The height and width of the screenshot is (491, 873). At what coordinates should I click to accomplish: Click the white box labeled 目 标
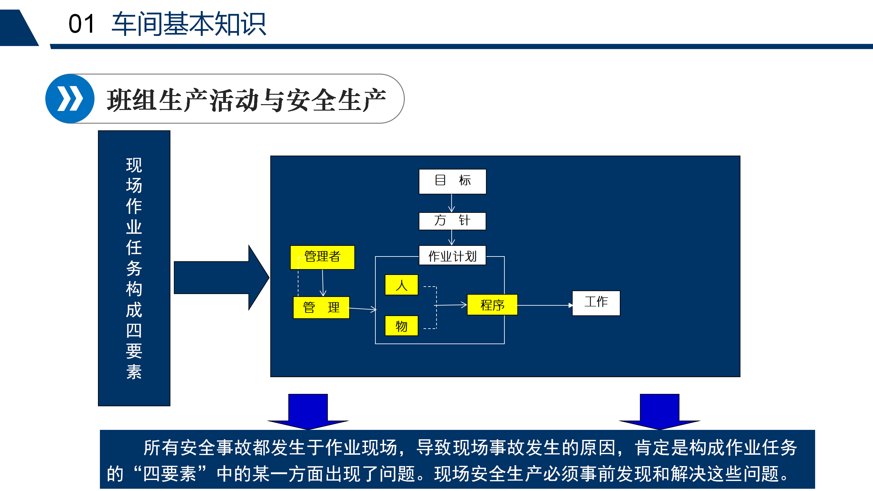click(452, 181)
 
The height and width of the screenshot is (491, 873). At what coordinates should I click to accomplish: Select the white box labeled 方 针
click(452, 221)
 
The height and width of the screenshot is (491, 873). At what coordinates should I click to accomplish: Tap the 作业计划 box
click(452, 255)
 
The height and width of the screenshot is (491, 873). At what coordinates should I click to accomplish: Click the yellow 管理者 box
click(322, 257)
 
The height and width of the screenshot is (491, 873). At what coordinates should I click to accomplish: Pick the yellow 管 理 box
click(321, 308)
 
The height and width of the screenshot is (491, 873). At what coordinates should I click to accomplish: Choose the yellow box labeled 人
click(402, 285)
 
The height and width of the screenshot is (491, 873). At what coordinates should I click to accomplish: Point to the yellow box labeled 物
click(402, 326)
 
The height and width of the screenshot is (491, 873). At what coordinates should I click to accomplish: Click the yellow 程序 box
click(492, 305)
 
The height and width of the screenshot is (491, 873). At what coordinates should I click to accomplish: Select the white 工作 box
click(596, 303)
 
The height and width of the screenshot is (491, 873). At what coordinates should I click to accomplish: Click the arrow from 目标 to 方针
click(452, 203)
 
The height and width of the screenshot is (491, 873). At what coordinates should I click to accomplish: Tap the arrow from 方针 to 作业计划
click(452, 238)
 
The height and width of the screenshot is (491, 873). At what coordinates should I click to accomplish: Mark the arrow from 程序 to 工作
click(545, 305)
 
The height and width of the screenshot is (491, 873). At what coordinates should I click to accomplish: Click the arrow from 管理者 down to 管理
click(323, 283)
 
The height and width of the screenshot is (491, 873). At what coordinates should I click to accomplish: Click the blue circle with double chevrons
click(70, 99)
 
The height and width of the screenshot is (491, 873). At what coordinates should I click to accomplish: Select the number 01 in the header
click(81, 24)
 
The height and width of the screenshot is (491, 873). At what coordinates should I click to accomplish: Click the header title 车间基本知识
click(189, 24)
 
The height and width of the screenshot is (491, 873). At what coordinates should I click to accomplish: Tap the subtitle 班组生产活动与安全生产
click(246, 100)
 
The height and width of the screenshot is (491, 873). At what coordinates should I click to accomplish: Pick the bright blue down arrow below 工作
click(660, 412)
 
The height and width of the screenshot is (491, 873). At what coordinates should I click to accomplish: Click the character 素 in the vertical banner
click(134, 372)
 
